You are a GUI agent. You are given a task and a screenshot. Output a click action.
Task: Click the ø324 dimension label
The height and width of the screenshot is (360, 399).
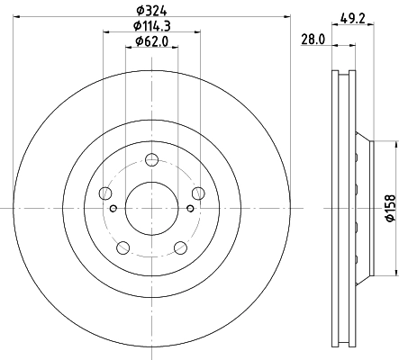click(151, 11)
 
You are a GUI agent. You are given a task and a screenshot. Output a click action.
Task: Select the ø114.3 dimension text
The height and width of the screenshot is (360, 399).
click(152, 26)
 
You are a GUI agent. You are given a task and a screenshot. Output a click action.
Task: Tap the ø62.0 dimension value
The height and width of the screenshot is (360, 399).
click(152, 41)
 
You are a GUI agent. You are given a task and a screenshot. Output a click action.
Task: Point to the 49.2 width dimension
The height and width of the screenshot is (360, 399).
click(353, 19)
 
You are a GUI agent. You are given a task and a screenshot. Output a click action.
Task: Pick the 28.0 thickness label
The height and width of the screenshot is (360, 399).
click(313, 40)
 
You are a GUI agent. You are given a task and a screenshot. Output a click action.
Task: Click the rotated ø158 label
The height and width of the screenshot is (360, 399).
click(391, 208)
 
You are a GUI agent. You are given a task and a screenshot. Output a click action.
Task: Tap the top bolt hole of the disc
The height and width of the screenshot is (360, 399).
click(151, 159)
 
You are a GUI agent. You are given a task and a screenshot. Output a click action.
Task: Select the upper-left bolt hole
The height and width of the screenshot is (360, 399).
click(105, 193)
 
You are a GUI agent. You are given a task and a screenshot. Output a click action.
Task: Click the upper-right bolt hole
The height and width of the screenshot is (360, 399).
click(198, 193)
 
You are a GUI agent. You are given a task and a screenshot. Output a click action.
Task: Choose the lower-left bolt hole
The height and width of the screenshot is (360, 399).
click(122, 247)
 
